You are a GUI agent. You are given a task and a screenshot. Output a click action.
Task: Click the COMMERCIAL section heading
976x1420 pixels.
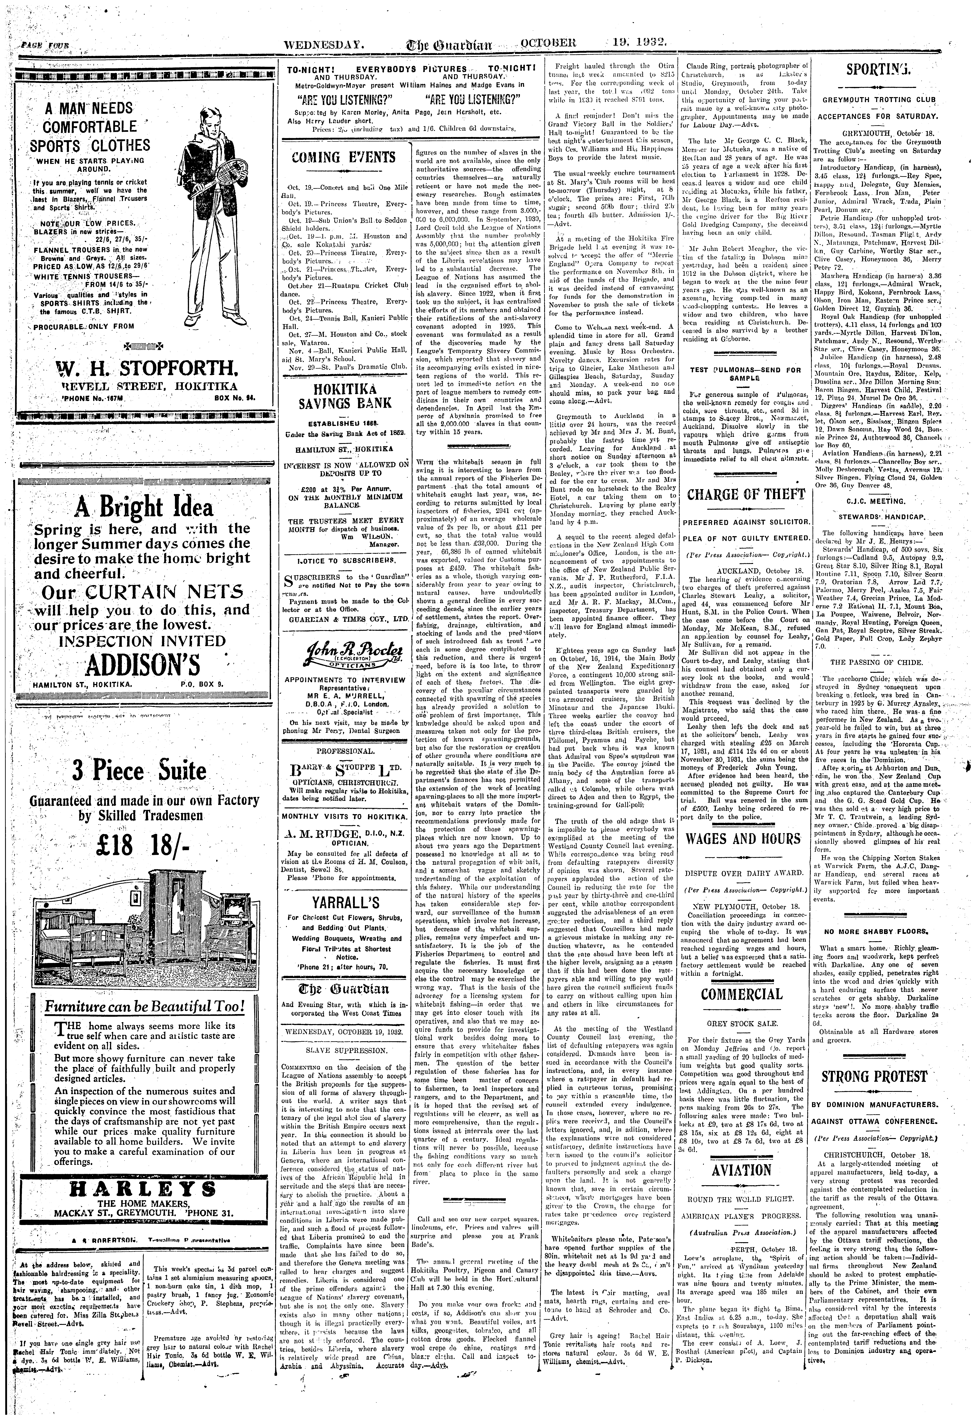coord(742,994)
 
